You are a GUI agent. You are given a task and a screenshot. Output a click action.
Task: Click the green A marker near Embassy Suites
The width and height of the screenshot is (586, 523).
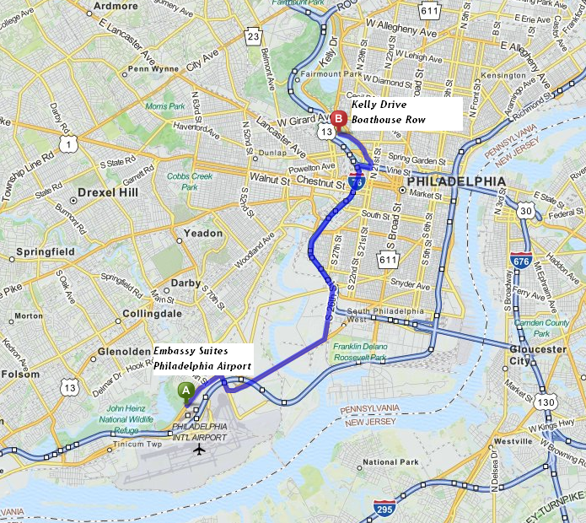point(184,391)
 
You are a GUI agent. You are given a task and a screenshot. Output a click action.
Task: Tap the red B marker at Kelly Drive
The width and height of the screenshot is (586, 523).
point(338,120)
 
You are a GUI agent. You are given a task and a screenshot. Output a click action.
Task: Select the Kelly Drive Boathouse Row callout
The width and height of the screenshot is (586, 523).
point(406,113)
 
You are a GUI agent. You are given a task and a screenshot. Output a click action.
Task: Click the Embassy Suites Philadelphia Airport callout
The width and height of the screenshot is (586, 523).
point(202,359)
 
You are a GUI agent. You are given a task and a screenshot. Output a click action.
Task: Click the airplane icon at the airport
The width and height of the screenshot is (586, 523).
point(199,448)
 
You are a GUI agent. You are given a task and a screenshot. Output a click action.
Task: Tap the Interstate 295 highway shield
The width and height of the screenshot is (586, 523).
point(384,509)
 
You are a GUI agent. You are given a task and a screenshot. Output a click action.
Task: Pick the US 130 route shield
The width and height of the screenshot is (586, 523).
point(546,403)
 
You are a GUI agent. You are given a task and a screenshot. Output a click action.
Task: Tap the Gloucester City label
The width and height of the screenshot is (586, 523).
point(537,355)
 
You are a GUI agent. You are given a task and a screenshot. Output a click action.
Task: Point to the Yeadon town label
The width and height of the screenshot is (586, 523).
point(204,233)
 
